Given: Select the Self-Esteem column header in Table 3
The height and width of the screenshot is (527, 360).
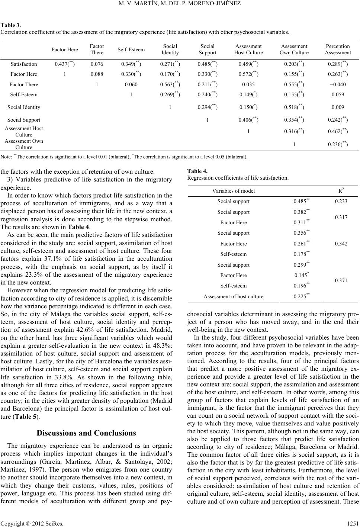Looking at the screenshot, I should tap(131, 49).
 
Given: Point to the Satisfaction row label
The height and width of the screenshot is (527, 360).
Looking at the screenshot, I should tap(24, 64).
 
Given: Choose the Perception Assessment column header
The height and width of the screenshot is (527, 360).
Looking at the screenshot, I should tap(337, 49).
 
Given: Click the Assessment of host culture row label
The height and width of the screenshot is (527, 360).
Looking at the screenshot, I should tap(234, 296).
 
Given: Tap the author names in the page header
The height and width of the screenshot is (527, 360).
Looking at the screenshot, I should tap(180, 4).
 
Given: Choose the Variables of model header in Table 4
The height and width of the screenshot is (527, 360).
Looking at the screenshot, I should tap(234, 191).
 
